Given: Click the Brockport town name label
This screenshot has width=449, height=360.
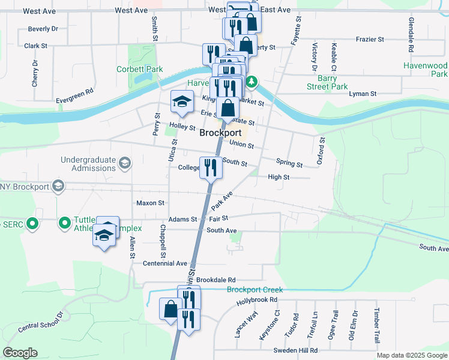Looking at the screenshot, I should click(x=220, y=133).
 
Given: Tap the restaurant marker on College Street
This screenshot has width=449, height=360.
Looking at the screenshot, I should click(x=210, y=167).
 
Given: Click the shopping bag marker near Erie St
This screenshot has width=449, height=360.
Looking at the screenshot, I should click(x=228, y=109).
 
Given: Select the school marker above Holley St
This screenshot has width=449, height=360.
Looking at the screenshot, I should click(x=182, y=101).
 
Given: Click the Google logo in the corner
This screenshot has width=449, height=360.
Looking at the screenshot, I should click(x=20, y=353).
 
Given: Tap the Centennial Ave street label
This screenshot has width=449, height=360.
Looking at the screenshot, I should click(x=165, y=263).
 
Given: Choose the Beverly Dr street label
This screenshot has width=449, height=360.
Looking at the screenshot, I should click(x=43, y=29).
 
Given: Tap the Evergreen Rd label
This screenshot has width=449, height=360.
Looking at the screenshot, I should click(x=75, y=95).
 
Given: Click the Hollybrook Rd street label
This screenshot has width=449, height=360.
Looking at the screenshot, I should click(x=256, y=300).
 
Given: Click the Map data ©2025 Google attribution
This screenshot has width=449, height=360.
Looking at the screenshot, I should click(x=411, y=355).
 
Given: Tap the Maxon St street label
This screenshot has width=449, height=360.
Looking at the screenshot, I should click(x=150, y=203).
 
